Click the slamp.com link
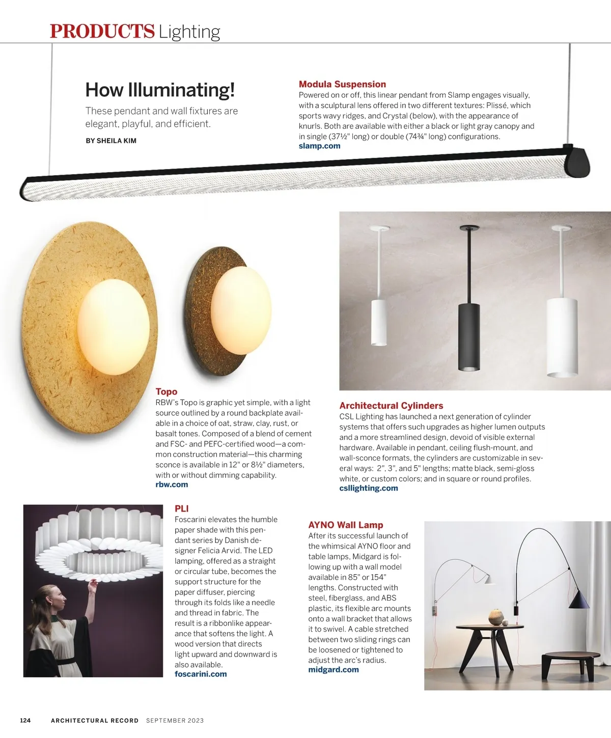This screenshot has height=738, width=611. (x=319, y=146)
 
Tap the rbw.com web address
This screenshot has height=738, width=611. (x=172, y=485)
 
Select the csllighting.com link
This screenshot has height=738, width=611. (x=369, y=488)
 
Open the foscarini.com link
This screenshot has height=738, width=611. (x=201, y=674)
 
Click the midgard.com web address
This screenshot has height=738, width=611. (x=334, y=670)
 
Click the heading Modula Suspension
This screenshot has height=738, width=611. (x=342, y=84)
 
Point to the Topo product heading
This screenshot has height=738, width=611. (x=166, y=391)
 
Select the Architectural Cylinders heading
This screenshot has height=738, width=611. (x=391, y=406)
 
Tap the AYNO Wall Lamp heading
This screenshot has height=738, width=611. (x=345, y=525)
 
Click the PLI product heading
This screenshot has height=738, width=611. (x=181, y=508)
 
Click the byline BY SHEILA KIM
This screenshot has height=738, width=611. (x=111, y=141)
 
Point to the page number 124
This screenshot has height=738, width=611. (x=25, y=720)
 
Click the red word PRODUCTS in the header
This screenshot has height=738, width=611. (x=102, y=32)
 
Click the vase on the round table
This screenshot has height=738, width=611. (x=495, y=616)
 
